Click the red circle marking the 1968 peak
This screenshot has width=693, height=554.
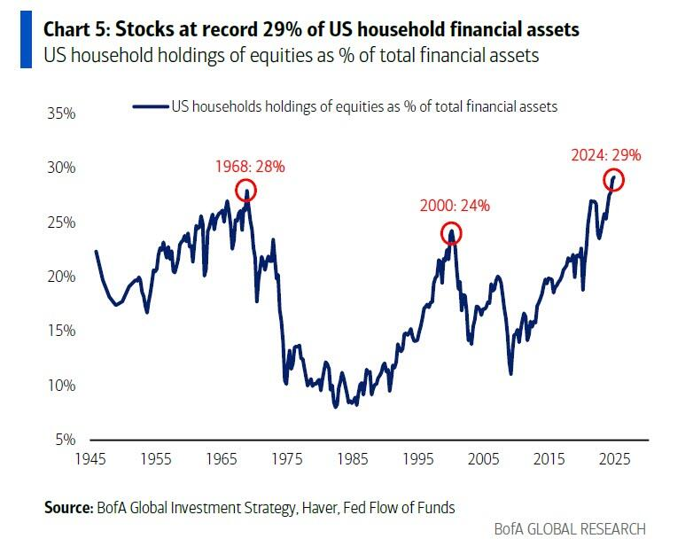coord(245,190)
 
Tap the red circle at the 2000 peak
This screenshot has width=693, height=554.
coord(452,234)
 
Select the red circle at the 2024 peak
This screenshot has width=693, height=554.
coord(614,180)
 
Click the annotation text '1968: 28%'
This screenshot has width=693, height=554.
coord(250,166)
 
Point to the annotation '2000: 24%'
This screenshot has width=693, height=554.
coord(455,206)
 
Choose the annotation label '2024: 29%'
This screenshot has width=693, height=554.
coord(605,154)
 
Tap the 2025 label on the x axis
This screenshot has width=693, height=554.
coord(614,460)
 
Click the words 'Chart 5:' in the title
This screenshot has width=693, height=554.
coord(77,30)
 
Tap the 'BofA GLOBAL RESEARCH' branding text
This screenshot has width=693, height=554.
coord(570,529)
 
